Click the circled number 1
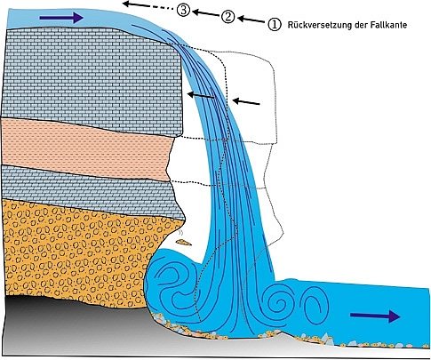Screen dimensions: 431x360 [x=274, y=24]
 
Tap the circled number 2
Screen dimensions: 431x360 [x=227, y=17]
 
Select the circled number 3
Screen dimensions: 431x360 [x=183, y=10]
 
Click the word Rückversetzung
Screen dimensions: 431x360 [x=324, y=25]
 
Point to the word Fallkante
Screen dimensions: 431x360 [x=388, y=25]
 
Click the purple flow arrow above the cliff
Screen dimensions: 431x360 [x=61, y=18]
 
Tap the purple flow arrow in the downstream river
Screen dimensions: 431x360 [x=375, y=316]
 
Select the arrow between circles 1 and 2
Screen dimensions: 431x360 [x=251, y=20]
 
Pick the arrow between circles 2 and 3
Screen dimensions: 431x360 [x=205, y=13]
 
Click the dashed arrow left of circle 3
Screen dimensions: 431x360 [x=148, y=5]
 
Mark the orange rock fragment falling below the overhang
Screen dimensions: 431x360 [x=183, y=243]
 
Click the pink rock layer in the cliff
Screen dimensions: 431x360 [x=86, y=149]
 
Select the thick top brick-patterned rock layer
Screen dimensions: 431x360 [x=92, y=80]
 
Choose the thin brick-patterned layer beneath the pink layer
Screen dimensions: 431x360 [x=89, y=189]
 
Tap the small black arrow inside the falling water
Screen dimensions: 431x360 [x=201, y=95]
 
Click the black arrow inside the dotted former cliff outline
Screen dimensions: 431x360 [x=246, y=102]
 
